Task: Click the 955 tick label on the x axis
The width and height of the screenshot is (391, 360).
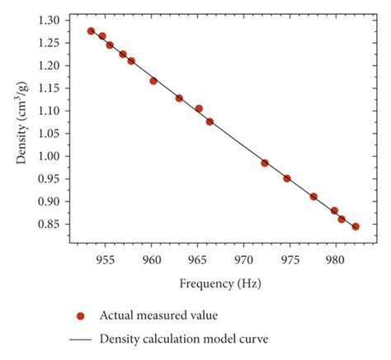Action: [x=105, y=259]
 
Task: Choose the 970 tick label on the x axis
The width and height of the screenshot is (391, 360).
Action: [x=243, y=259]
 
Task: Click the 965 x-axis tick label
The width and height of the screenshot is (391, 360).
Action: [x=197, y=259]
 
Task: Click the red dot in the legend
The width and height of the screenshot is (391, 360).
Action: [x=81, y=315]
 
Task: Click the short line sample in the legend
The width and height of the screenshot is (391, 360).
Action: [x=81, y=339]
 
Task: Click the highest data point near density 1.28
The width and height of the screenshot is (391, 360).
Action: [x=91, y=31]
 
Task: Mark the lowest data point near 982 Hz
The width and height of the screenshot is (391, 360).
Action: [x=356, y=226]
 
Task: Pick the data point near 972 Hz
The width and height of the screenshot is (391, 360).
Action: [x=265, y=163]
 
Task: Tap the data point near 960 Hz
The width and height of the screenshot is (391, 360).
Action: [x=153, y=81]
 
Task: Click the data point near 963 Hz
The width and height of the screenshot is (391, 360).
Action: [x=179, y=97]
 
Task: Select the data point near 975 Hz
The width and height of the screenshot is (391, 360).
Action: [x=287, y=178]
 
